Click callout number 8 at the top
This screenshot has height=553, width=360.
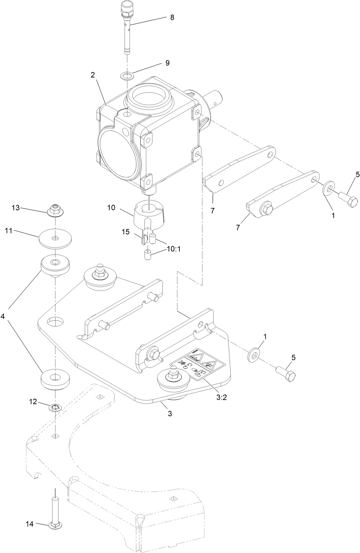[x=172, y=18]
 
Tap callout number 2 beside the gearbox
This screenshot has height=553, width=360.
[x=93, y=75]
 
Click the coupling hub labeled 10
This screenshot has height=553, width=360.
[x=148, y=218]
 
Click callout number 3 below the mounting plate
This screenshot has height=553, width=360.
[x=170, y=413]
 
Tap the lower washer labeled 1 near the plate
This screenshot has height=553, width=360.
[x=254, y=355]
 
